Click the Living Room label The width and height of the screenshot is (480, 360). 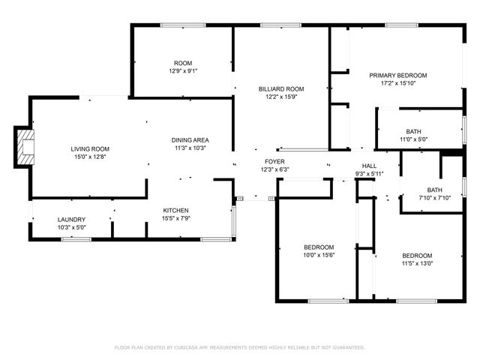tap(90, 148)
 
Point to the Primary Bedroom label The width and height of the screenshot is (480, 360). tap(397, 75)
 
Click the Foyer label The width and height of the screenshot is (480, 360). tap(274, 161)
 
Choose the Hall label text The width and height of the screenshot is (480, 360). tap(369, 166)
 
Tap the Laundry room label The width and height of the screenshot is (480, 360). tap(72, 219)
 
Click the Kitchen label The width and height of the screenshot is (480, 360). tap(176, 210)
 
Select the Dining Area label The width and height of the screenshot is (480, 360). tap(190, 140)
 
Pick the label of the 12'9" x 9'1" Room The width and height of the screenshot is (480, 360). tap(183, 62)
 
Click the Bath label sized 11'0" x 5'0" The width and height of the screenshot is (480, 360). tap(413, 131)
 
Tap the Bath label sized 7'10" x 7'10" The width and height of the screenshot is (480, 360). tap(435, 190)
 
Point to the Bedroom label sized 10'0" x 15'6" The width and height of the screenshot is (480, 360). tap(318, 247)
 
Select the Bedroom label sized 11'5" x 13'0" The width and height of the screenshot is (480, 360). tap(416, 255)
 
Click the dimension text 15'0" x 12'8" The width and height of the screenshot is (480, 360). tap(90, 157)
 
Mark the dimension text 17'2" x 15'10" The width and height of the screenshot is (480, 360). tap(397, 83)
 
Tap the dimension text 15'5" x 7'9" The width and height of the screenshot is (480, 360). tap(176, 218)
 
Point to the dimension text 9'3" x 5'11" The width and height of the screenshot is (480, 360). tap(369, 174)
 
